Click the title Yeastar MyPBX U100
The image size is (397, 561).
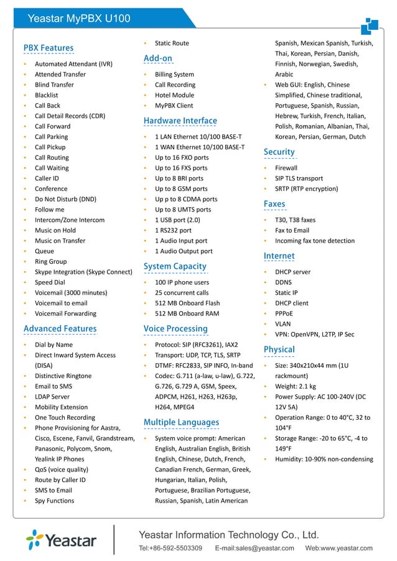[x=79, y=18]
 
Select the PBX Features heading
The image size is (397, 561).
[x=49, y=48]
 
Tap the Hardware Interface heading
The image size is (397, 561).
[x=180, y=121]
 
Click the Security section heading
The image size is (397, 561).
[x=279, y=152]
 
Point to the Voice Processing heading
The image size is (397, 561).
[x=175, y=328]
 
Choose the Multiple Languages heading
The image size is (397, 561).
[x=181, y=422]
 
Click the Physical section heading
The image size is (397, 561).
[x=279, y=350]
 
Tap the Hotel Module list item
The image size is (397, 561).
[x=174, y=95]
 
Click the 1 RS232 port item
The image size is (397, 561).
[x=173, y=230]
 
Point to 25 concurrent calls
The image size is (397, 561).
[x=182, y=293]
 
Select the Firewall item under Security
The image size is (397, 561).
[x=286, y=168]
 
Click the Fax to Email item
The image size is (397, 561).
[x=292, y=230]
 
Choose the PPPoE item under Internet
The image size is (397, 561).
[x=284, y=313]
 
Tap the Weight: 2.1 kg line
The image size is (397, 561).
[x=296, y=386]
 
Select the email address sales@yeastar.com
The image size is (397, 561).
[x=255, y=548]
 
